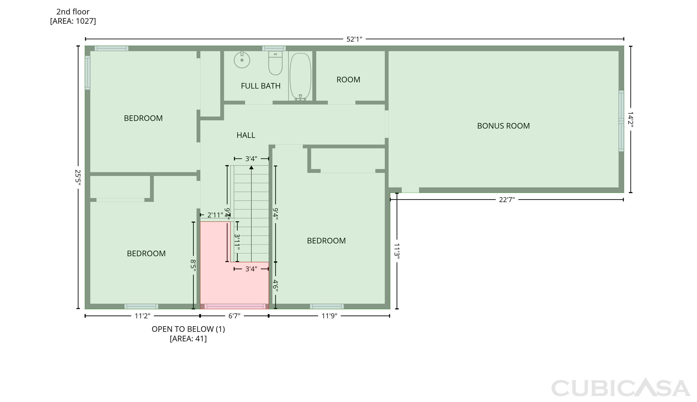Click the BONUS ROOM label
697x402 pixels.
[503, 126]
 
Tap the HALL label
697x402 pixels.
[246, 135]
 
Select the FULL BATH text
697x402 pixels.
[261, 86]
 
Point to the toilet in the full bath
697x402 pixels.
[275, 63]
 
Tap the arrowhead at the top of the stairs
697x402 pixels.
[251, 167]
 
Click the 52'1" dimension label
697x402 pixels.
[354, 39]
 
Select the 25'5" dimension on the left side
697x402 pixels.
[78, 177]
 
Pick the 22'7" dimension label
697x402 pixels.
[507, 200]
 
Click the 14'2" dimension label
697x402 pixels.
[631, 119]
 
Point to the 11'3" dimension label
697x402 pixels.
[397, 251]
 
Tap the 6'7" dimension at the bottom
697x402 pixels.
[234, 316]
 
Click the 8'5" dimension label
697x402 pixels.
[193, 265]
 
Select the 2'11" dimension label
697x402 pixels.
[215, 215]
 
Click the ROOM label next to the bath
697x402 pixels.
[348, 80]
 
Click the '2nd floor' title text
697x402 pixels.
[73, 12]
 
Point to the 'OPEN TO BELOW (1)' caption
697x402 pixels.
[188, 329]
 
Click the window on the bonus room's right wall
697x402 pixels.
[621, 121]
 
